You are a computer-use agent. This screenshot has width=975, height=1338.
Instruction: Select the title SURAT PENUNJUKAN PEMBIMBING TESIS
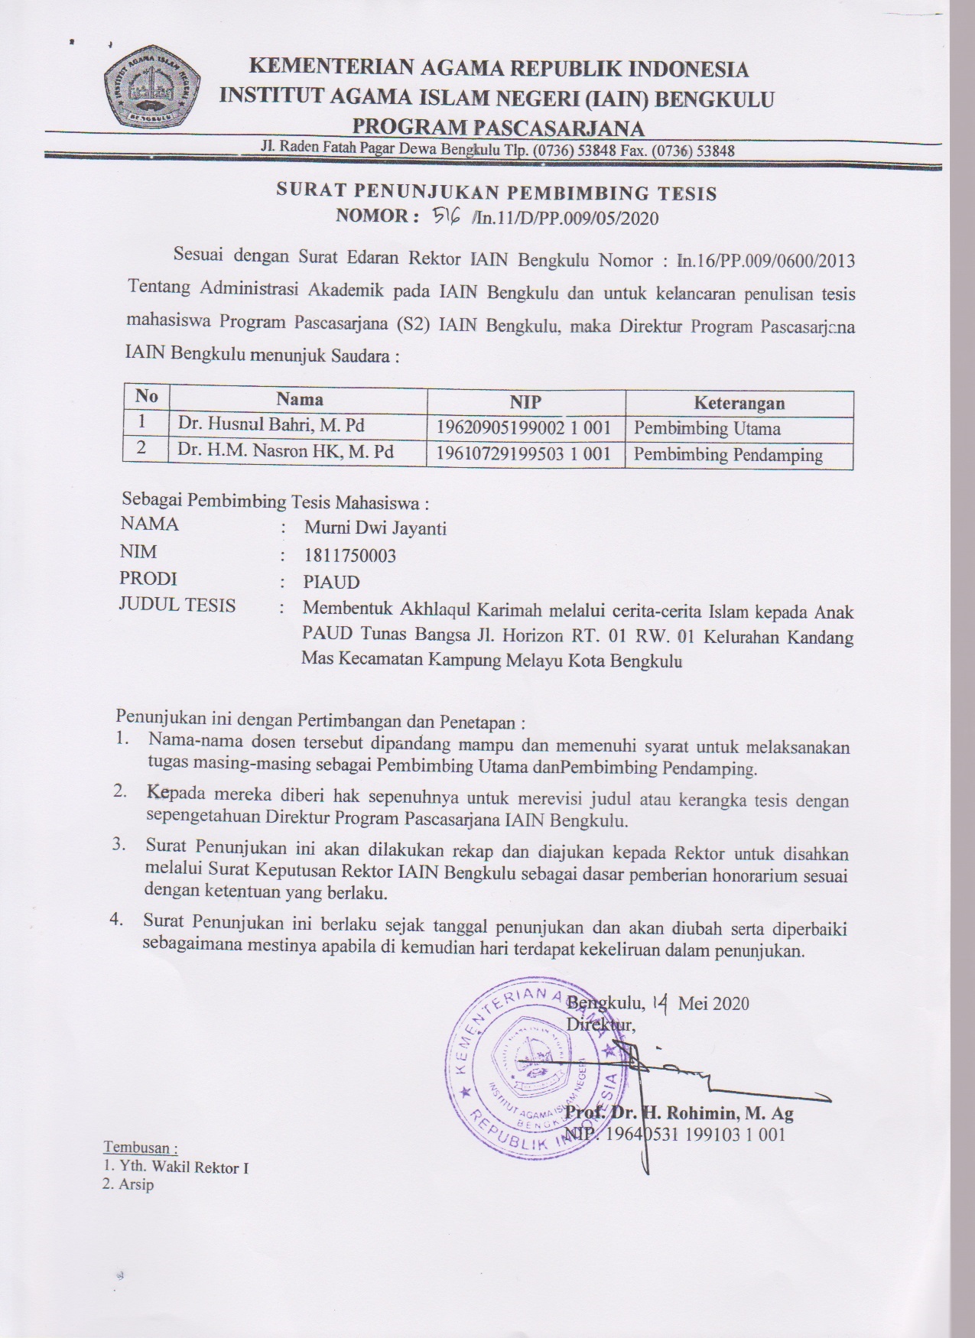496,193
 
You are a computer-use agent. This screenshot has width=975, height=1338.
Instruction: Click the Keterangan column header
739,403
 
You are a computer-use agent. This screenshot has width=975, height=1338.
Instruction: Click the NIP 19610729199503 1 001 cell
524,454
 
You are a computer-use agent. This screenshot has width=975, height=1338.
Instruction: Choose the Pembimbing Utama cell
707,428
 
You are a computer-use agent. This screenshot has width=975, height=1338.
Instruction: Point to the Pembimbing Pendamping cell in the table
728,456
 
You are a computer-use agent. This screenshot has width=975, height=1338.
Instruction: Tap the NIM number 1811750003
349,556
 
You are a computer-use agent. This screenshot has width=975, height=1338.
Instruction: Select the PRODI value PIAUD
331,583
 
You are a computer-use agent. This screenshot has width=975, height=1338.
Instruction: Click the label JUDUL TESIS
177,606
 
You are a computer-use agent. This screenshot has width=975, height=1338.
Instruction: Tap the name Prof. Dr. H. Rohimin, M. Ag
680,1113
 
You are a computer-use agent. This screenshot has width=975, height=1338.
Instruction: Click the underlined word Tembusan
140,1148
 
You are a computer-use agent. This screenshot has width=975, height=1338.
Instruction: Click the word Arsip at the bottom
135,1185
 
